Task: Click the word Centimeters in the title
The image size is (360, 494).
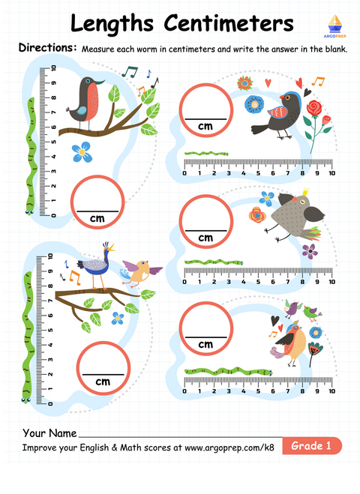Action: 229,24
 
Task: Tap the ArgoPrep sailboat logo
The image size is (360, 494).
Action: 334,25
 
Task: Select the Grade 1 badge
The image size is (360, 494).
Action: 312,445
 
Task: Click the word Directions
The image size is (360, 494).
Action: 47,47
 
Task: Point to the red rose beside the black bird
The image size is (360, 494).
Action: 313,108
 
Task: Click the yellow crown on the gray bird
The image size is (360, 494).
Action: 304,192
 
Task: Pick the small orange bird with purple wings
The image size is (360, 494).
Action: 141,272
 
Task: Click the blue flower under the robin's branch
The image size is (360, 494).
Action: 82,152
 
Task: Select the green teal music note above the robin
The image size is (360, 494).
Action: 130,72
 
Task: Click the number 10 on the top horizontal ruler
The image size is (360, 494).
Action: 331,173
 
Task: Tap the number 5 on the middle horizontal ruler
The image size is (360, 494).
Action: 258,282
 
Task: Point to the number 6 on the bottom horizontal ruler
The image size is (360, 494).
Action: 273,391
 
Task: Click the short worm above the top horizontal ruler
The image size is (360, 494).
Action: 206,154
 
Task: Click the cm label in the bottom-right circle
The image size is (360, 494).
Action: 205,344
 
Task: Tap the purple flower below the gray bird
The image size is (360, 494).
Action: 310,251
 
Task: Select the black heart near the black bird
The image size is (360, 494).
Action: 307,93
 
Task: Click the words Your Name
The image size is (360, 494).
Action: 49,433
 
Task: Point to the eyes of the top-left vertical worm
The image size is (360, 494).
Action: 29,212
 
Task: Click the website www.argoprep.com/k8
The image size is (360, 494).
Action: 229,448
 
